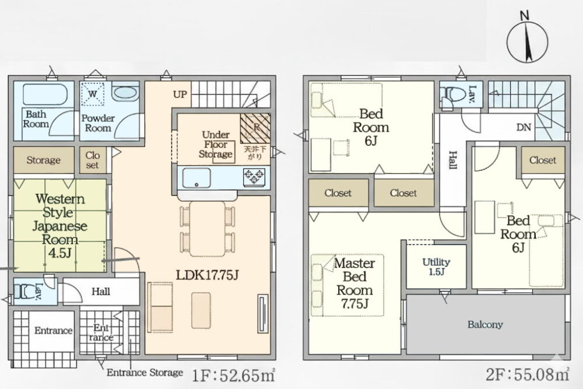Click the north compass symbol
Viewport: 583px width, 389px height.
[x=527, y=41]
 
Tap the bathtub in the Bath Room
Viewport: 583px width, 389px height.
[x=45, y=94]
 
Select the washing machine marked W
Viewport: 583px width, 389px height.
[x=93, y=94]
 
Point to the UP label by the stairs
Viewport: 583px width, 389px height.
[x=180, y=94]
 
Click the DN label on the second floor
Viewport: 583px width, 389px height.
[x=524, y=128]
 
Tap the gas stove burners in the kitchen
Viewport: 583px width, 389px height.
[x=255, y=177]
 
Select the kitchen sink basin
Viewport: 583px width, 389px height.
[x=196, y=178]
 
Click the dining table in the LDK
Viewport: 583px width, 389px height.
[x=207, y=229]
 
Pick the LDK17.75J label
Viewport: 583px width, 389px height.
[x=207, y=275]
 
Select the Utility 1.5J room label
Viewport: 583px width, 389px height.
[x=436, y=267]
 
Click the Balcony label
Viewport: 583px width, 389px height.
[x=485, y=324]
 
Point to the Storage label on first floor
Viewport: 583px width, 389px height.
[x=44, y=160]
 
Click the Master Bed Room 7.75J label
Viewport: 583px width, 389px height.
[x=354, y=283]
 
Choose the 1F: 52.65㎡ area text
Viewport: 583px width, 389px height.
[x=234, y=375]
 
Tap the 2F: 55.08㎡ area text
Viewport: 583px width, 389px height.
[x=528, y=374]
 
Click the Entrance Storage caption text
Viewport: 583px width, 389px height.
[x=145, y=372]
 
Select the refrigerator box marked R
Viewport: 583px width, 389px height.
[x=255, y=128]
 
